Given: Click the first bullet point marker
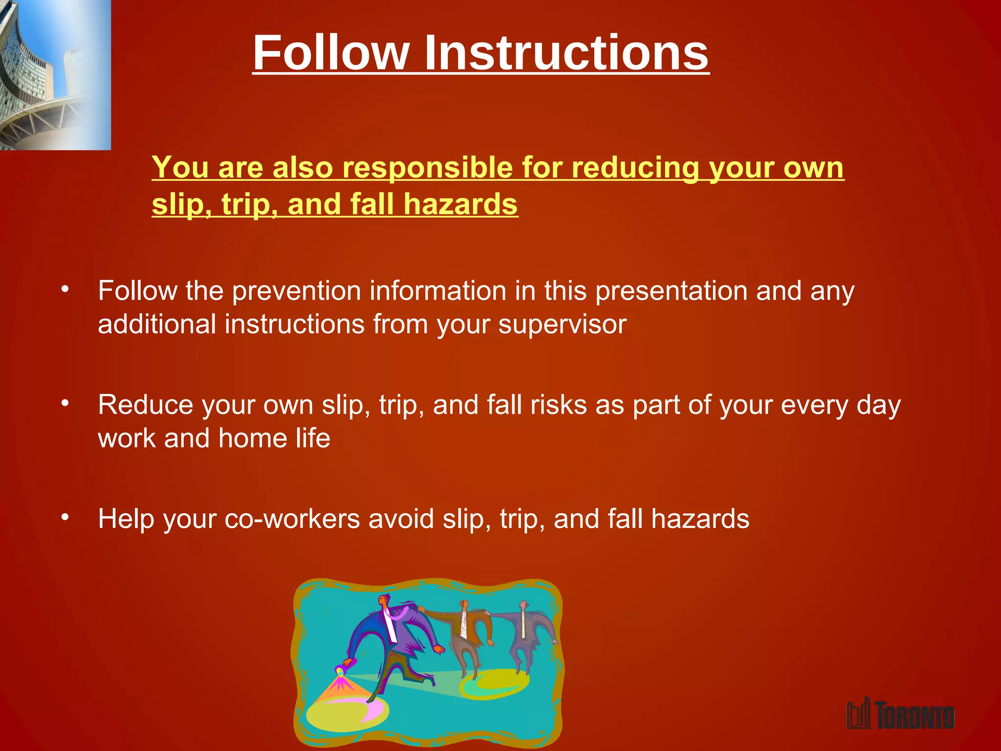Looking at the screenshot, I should (65, 289).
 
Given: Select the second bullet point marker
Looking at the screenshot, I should (65, 403).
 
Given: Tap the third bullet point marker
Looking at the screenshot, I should (65, 517).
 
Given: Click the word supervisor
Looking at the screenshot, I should (562, 325).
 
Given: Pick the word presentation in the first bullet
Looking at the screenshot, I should (671, 291).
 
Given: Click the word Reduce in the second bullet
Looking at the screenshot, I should (145, 405).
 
